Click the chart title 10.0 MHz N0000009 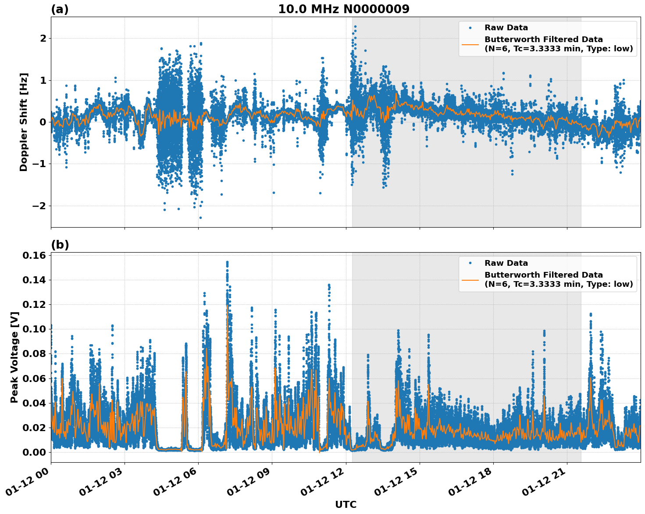[x=343, y=9]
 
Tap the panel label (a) [x=60, y=9]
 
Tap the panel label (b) [x=60, y=245]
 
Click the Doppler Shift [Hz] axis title [x=24, y=122]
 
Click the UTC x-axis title [x=346, y=504]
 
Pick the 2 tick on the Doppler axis [x=43, y=39]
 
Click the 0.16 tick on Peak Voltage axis [x=36, y=255]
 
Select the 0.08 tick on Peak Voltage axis [x=36, y=353]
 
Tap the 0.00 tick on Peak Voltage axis [x=36, y=452]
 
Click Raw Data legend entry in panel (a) [x=506, y=28]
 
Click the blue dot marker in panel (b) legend [x=470, y=263]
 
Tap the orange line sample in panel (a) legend [x=470, y=44]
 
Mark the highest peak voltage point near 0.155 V [x=227, y=262]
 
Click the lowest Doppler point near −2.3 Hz [x=200, y=218]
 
